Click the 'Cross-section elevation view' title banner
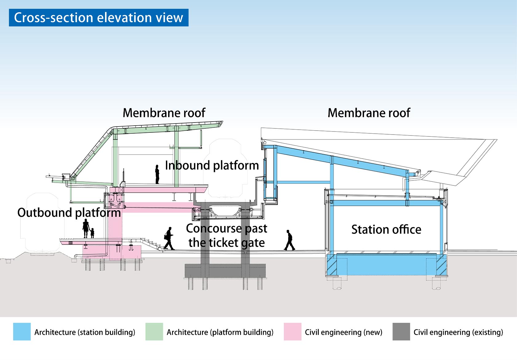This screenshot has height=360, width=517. point(99,18)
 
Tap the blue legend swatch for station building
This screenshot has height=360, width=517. point(22,332)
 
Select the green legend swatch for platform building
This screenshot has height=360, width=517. point(154,332)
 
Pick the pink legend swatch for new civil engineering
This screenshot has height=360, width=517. point(293,332)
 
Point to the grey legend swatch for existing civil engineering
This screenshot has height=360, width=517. point(401,332)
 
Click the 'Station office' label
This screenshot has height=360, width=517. point(386,229)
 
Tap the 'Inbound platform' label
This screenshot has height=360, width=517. point(212,166)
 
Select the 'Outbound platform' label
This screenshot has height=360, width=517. point(69,213)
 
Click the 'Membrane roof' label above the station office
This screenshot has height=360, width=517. point(369,113)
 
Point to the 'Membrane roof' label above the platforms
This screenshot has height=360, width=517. point(164,113)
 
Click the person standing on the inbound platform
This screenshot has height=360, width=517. point(157,174)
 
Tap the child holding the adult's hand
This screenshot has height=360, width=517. point(92,233)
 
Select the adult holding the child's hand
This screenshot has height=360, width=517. point(86,228)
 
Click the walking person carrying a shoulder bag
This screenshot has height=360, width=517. point(169,238)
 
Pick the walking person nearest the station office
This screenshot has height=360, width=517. point(289,240)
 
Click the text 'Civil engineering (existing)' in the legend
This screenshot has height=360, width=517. point(458,332)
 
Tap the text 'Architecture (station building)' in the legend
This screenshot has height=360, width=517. point(85,332)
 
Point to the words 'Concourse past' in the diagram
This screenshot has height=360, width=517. point(226,229)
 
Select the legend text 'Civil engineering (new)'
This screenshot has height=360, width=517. point(343,332)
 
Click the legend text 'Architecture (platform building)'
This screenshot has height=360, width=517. point(220,332)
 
